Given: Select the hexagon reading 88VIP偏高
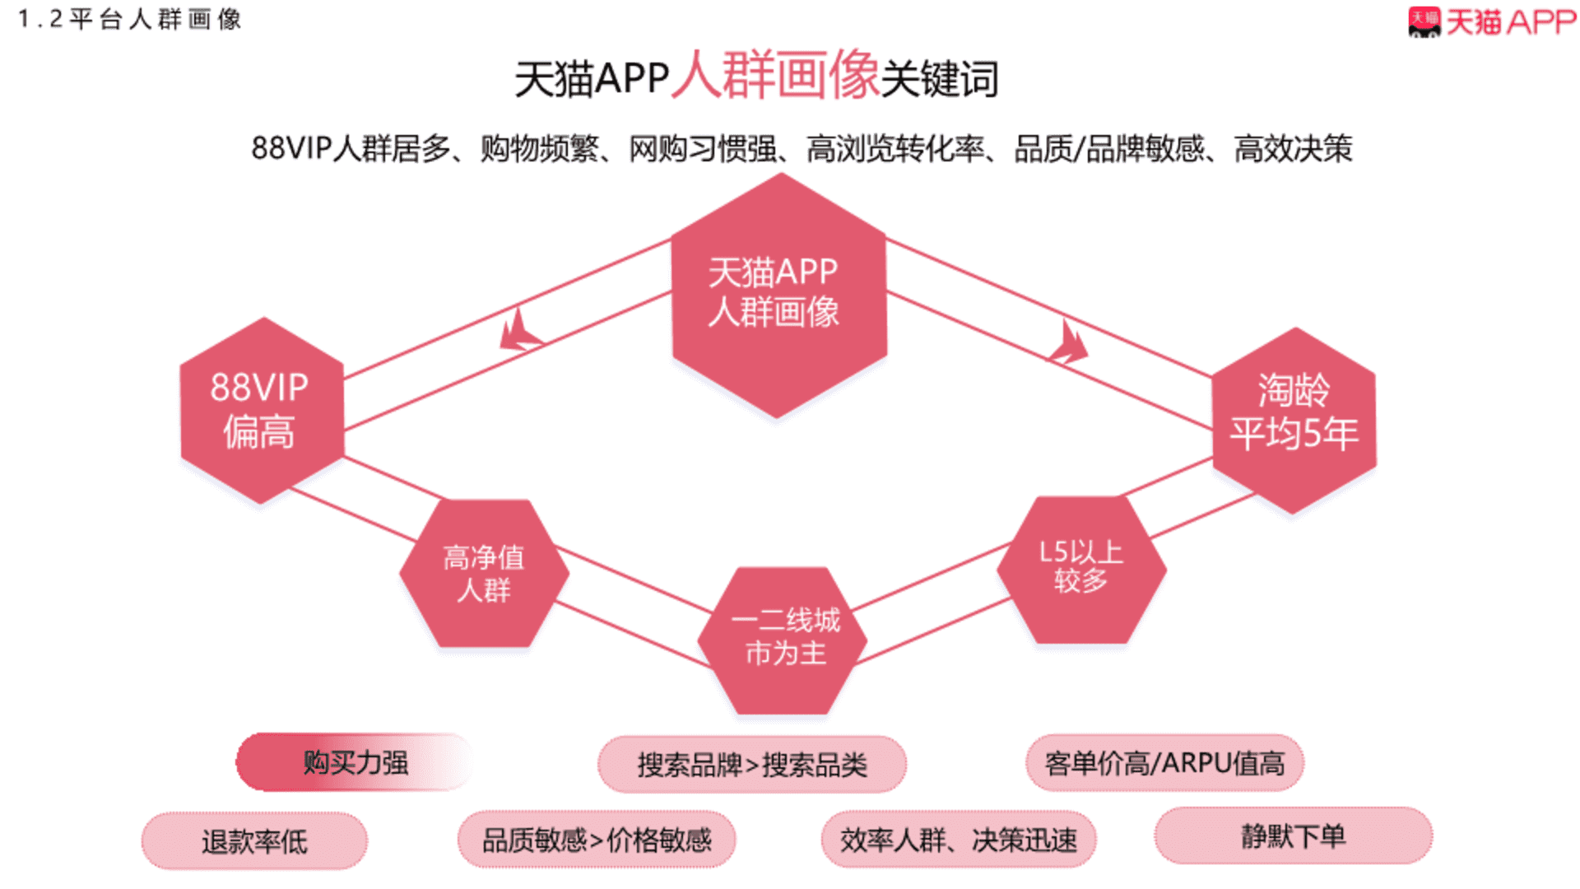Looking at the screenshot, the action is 262,410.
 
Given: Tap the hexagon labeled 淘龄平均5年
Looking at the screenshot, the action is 1294,420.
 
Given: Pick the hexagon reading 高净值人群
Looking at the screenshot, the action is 484,572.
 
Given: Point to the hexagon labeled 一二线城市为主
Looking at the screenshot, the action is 783,640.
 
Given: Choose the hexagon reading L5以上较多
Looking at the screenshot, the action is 1081,569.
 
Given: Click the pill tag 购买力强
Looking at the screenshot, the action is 355,762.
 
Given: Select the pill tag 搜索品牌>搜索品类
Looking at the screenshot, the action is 752,765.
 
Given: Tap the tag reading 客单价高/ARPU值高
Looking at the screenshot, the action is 1164,763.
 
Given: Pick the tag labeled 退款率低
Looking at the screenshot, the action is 254,840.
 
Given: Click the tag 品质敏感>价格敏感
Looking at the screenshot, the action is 597,839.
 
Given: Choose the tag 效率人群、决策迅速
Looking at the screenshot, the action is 959,839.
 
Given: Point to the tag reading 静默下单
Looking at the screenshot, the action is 1294,835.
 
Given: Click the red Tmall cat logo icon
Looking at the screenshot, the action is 1424,22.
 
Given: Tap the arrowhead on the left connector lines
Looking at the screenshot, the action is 518,331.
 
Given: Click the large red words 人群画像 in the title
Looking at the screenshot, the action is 776,75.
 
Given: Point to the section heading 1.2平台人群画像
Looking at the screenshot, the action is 129,19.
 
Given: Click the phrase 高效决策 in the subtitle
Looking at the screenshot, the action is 1293,149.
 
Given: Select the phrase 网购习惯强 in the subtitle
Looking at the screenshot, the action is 702,149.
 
